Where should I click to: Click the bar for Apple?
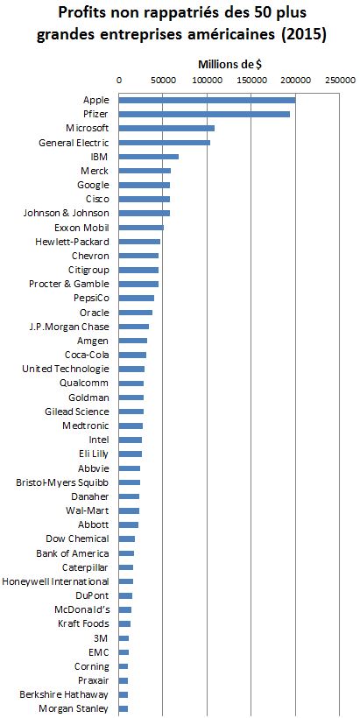tap(207, 100)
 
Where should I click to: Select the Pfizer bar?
tap(204, 114)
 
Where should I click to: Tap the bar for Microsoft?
tap(166, 128)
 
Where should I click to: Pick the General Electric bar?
tap(165, 143)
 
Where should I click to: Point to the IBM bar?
tap(149, 157)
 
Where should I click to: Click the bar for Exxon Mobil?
tap(141, 228)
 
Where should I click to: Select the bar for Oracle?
tap(136, 313)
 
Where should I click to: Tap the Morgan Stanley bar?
tap(124, 709)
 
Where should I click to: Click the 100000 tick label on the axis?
tap(207, 81)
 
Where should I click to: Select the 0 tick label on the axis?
tap(119, 81)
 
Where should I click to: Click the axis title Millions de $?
tap(229, 65)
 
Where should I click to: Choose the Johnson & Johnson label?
tap(66, 213)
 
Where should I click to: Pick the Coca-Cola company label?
tap(87, 355)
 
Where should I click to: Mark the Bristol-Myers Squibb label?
tap(62, 482)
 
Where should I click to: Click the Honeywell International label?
tap(55, 581)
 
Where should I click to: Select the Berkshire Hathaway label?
tap(64, 694)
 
